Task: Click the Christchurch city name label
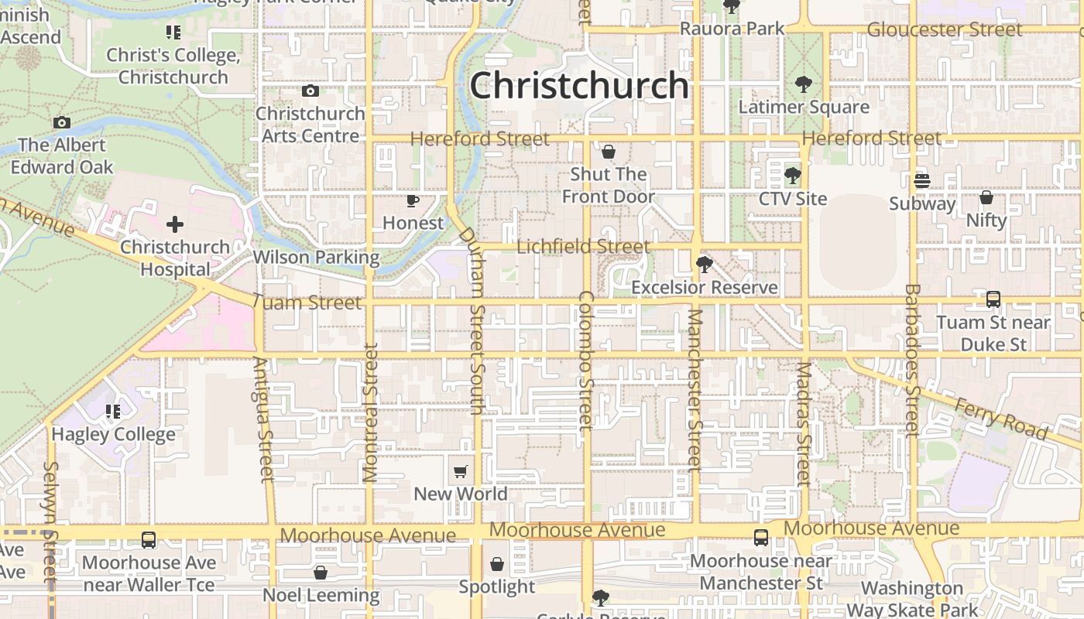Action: (579, 85)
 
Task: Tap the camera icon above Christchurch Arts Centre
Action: (310, 91)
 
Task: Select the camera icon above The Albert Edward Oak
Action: (62, 122)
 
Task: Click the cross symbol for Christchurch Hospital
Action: (175, 224)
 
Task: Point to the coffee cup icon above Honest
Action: (413, 201)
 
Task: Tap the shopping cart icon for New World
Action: (461, 471)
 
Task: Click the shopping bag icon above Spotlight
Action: (496, 564)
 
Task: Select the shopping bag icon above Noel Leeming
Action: (321, 573)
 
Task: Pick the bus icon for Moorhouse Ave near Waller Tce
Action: (148, 539)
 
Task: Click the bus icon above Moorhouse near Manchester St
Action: (761, 537)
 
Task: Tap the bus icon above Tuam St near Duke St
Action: (993, 299)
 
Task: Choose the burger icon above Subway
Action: (921, 181)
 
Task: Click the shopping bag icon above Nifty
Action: (986, 197)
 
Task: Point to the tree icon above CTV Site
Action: (792, 176)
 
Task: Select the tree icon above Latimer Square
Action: (804, 84)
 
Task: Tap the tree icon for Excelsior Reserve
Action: (704, 265)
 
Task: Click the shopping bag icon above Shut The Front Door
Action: (609, 151)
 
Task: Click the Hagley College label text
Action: (113, 434)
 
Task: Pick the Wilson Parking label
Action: (316, 257)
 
